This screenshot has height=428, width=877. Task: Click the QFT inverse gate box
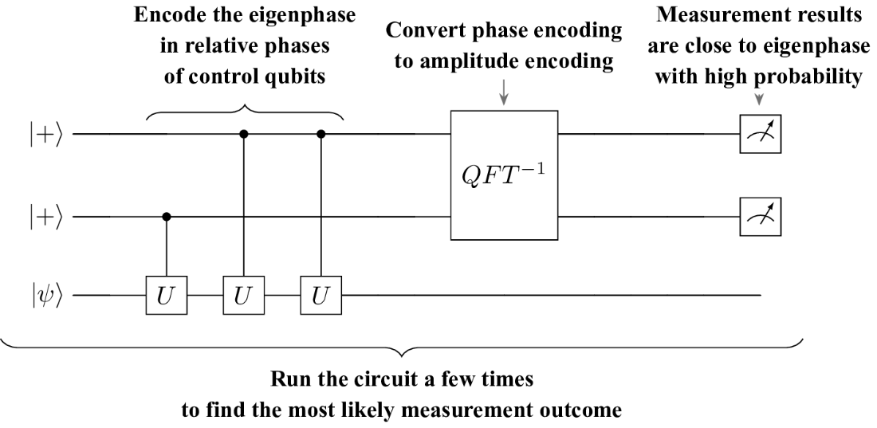[504, 175]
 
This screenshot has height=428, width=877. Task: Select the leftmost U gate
[166, 295]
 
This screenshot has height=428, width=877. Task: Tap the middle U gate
[243, 295]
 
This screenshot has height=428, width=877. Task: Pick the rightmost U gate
[321, 295]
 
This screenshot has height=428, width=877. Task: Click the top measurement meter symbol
[760, 134]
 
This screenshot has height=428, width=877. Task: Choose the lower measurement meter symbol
[760, 217]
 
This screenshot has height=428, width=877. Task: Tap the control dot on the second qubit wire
[166, 217]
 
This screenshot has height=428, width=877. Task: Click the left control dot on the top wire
[243, 134]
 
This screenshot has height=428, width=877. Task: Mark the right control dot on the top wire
[321, 134]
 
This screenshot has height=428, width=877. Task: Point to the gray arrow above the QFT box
[504, 92]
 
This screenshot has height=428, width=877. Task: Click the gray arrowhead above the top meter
[759, 100]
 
